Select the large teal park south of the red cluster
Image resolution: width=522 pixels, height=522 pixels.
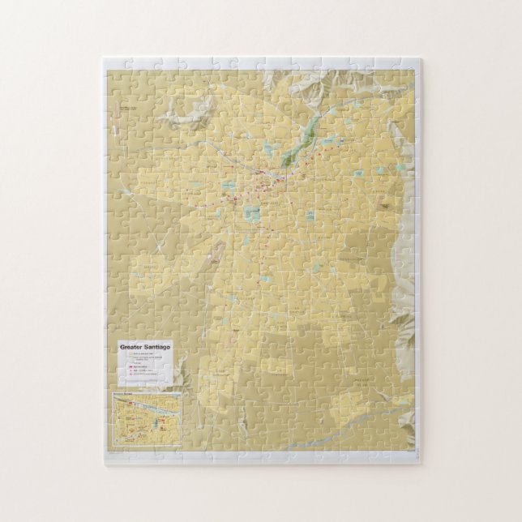tap(251, 213)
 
